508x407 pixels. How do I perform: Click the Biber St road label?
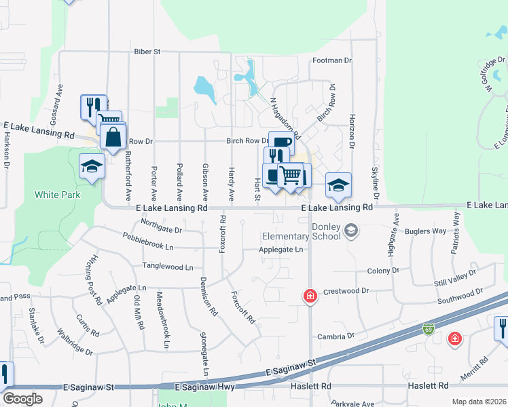click(x=147, y=51)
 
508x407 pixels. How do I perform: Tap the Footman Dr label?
click(x=332, y=60)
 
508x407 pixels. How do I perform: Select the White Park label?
click(x=58, y=195)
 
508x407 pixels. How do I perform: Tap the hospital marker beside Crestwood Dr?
click(x=310, y=296)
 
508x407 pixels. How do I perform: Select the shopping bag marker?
click(x=113, y=136)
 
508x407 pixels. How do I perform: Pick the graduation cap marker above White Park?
click(x=91, y=167)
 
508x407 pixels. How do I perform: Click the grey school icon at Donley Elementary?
click(x=350, y=231)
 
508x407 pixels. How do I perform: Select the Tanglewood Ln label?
click(x=167, y=267)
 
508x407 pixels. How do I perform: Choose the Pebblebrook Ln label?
click(x=158, y=240)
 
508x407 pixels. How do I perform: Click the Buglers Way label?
click(x=425, y=231)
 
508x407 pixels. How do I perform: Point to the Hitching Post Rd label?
click(x=94, y=279)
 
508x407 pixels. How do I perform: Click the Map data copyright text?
click(x=479, y=401)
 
